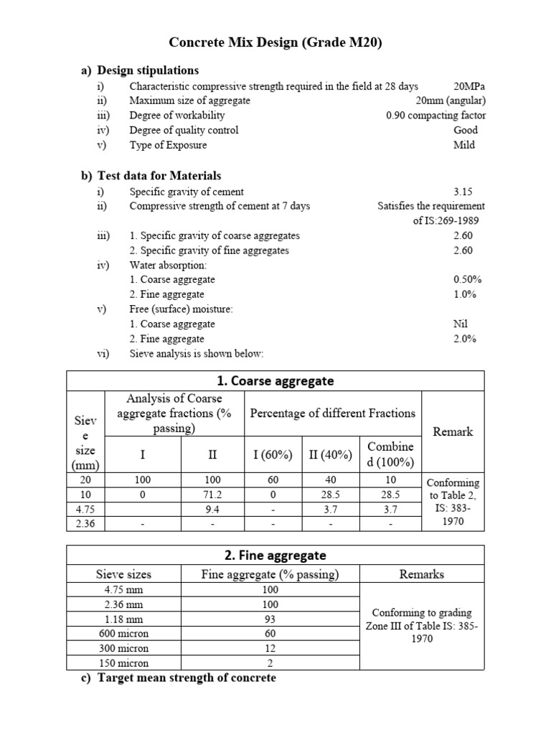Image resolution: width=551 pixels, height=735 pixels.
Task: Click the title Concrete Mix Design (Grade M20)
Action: [x=275, y=42]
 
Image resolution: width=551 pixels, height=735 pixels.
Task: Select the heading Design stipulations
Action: [x=148, y=70]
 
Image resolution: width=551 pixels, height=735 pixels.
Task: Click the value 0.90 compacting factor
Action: [x=435, y=116]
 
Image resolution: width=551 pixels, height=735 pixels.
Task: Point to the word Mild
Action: [x=463, y=145]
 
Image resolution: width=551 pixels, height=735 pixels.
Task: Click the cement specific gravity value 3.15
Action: [x=463, y=192]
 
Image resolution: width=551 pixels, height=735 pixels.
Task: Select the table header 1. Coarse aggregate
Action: [x=275, y=381]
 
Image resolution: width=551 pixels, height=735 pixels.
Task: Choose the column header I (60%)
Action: [x=272, y=455]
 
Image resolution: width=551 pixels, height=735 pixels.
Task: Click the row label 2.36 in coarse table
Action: [x=85, y=524]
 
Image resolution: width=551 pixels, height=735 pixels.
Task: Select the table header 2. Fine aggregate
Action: [x=275, y=556]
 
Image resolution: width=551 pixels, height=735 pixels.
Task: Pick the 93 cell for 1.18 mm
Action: [x=270, y=619]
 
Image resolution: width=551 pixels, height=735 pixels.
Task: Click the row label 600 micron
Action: [x=124, y=634]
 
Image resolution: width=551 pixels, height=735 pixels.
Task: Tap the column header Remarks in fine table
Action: [x=422, y=574]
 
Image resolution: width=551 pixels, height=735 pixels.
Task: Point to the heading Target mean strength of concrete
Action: [x=186, y=678]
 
